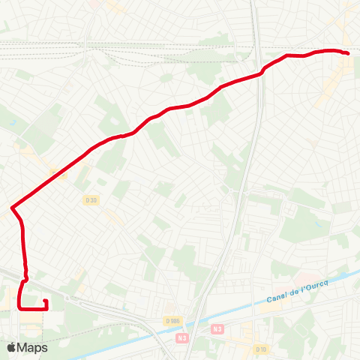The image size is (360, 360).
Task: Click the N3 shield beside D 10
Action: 217,328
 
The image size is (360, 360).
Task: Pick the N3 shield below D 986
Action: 182,338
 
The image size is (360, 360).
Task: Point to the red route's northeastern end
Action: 349,53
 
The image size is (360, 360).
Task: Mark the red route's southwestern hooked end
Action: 46,301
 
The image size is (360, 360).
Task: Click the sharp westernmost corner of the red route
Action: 11,207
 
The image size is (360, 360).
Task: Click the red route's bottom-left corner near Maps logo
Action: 18,307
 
